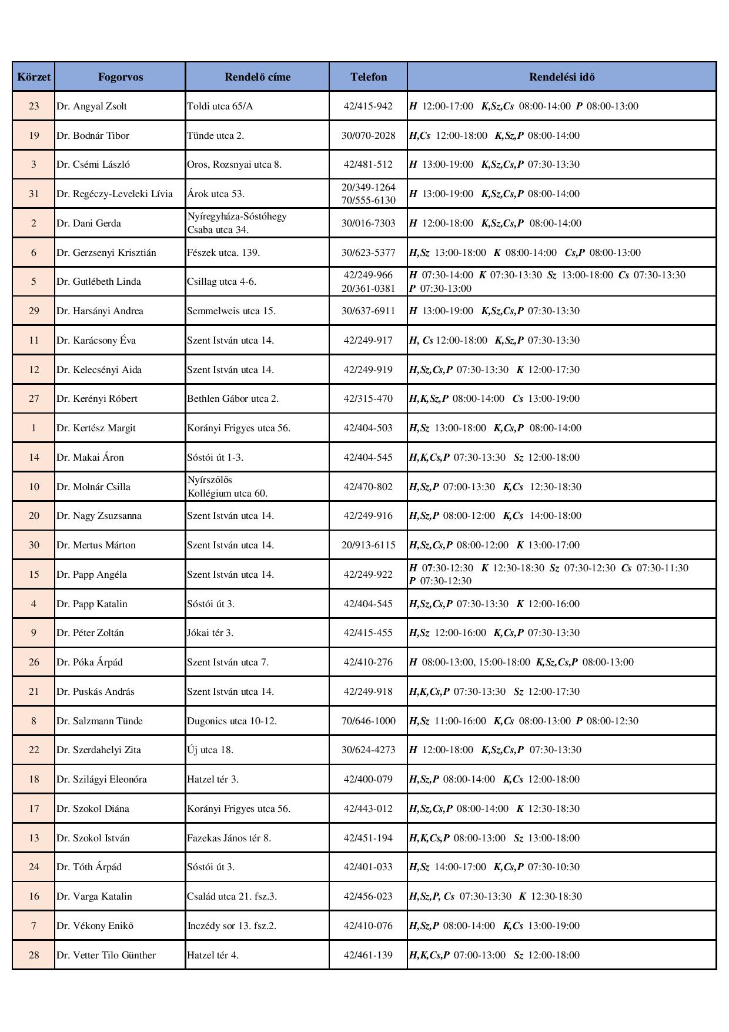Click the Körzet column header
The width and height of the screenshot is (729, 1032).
[x=34, y=77]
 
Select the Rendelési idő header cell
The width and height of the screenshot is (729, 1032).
[x=561, y=77]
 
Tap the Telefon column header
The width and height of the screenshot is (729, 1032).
[x=369, y=77]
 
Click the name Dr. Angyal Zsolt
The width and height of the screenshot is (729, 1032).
[x=92, y=106]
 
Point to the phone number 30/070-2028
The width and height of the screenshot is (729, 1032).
[x=369, y=135]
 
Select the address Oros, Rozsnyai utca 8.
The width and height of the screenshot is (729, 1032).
[x=234, y=165]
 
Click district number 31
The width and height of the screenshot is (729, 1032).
[x=34, y=194]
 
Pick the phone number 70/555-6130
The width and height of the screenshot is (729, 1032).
[x=369, y=201]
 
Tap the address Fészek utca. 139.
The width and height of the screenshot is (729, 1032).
[x=223, y=252]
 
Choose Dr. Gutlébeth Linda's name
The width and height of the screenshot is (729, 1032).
[x=99, y=282]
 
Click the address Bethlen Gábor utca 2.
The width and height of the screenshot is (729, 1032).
[x=233, y=399]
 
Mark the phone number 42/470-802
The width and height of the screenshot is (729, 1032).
[x=369, y=487]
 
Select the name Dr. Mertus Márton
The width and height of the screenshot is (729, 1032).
[x=96, y=545]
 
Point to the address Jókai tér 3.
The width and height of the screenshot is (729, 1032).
[x=210, y=633]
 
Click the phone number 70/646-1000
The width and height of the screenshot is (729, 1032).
[x=369, y=721]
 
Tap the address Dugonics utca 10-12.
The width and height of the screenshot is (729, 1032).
[x=232, y=721]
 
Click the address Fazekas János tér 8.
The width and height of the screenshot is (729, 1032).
[x=229, y=838]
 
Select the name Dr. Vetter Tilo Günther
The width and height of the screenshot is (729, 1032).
[x=106, y=955]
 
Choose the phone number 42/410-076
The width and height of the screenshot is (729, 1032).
[x=369, y=926]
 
